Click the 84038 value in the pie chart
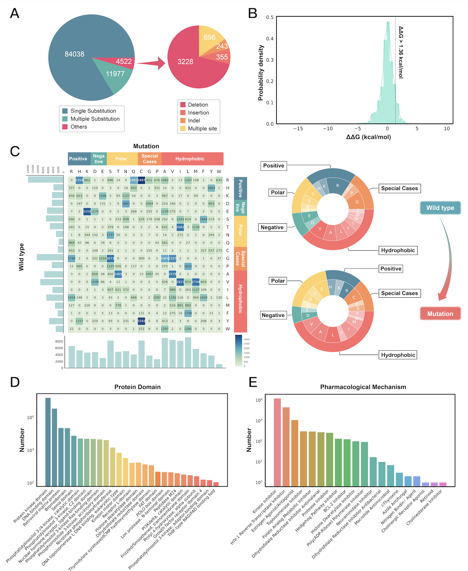point(74,54)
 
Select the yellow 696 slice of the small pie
point(210,37)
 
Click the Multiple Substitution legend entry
point(95,119)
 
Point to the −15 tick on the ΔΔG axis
point(298,129)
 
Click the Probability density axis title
point(261,73)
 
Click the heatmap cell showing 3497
point(141,180)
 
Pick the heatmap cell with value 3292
point(141,321)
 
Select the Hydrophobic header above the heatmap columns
point(190,159)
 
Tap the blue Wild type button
point(440,208)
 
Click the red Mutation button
point(440,314)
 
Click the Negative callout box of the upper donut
point(272,227)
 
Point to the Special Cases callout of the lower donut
point(399,293)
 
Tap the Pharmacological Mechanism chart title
point(363,387)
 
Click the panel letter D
point(15,382)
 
